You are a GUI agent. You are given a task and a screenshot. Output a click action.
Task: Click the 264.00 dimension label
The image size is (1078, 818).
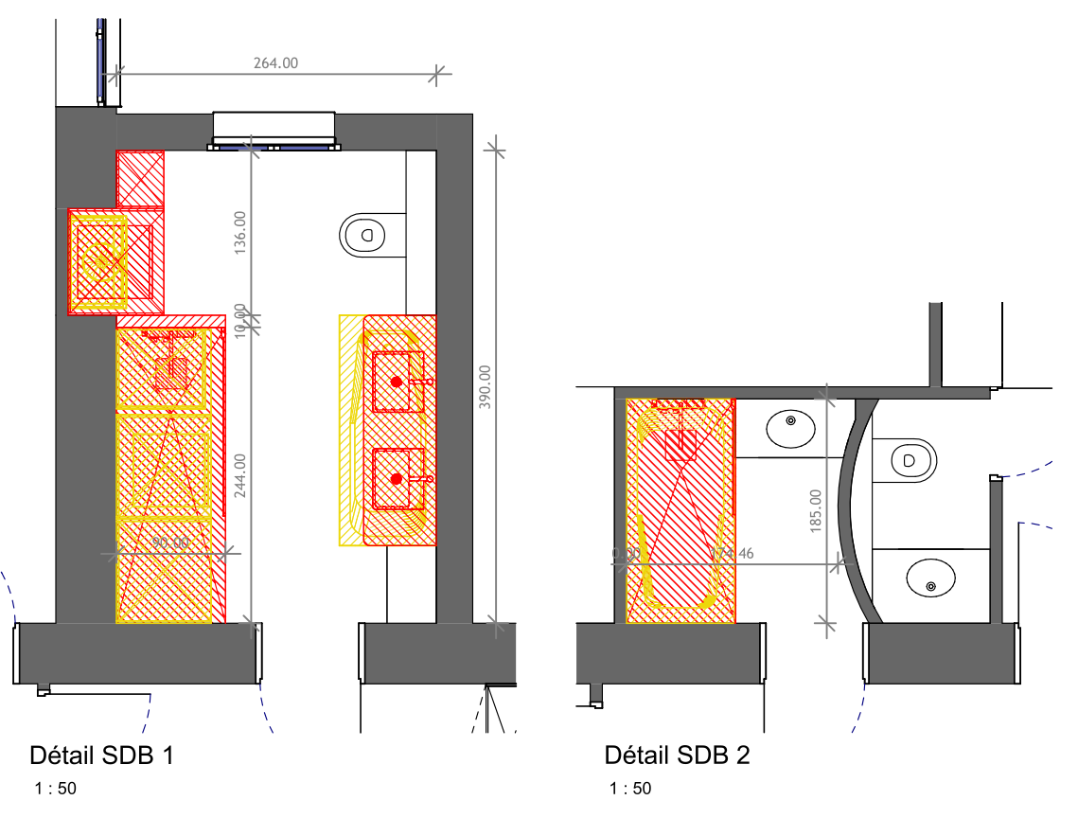pyautogui.click(x=275, y=63)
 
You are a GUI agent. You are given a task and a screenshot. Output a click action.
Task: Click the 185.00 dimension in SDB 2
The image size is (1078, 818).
pyautogui.click(x=816, y=511)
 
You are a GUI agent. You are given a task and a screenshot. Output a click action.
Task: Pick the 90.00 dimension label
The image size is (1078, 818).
pyautogui.click(x=170, y=543)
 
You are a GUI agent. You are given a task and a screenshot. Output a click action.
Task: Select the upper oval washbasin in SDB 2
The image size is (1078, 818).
pyautogui.click(x=789, y=428)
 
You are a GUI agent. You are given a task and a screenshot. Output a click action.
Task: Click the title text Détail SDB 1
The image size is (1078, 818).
pyautogui.click(x=102, y=756)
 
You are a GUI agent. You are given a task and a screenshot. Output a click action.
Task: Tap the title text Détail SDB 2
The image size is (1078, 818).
pyautogui.click(x=677, y=756)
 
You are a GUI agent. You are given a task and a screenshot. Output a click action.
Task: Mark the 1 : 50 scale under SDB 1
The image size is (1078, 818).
pyautogui.click(x=55, y=789)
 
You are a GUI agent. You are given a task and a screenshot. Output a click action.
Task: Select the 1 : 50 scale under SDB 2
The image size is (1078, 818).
pyautogui.click(x=630, y=789)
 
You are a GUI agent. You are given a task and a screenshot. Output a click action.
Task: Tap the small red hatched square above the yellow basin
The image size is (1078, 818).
pyautogui.click(x=140, y=177)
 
